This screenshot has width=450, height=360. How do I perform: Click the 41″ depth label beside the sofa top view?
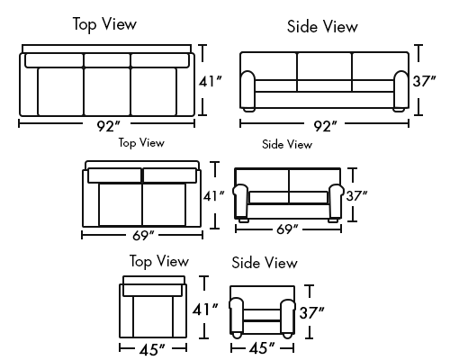coord(211,81)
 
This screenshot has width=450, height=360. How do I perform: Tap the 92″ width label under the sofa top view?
coord(108,126)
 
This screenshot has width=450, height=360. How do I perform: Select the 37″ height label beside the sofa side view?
coord(424,81)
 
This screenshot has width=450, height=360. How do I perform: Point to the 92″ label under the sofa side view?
coord(326,126)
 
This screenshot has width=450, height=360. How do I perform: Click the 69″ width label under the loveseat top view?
coord(143,236)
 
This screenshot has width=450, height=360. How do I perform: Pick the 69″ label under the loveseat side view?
coord(287,229)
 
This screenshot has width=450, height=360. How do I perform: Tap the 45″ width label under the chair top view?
coord(152,350)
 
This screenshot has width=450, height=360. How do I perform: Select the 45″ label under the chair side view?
coord(262,348)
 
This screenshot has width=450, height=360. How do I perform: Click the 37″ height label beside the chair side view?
coord(312,313)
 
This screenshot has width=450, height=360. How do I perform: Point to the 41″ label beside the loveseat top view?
coord(214,196)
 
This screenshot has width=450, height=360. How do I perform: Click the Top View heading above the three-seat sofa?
coord(104,24)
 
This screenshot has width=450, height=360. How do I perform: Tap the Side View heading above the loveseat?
coord(287,144)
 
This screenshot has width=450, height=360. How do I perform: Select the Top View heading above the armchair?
coord(159,261)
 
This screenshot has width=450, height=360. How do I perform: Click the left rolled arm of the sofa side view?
coord(247,89)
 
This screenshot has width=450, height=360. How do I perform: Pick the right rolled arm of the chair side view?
coord(288,316)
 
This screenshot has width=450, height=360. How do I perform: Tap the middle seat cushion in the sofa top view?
coord(107,92)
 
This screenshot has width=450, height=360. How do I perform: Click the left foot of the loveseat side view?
coord(244,220)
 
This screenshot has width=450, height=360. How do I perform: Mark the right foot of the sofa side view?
coord(399,110)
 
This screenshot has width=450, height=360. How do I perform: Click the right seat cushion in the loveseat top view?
coord(164,204)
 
